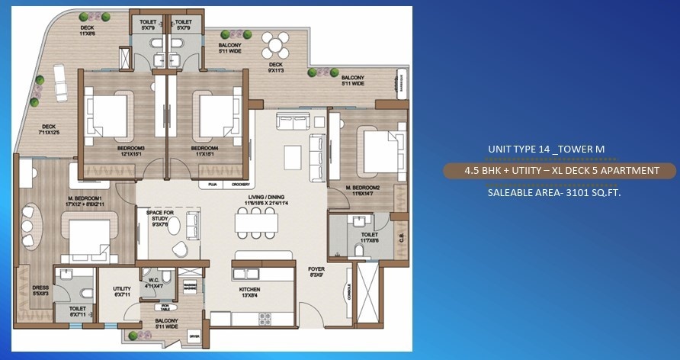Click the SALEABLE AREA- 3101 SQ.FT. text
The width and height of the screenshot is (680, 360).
pos(550,192)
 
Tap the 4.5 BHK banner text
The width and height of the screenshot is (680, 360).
pos(561,171)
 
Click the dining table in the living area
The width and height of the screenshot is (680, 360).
pos(254,222)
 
